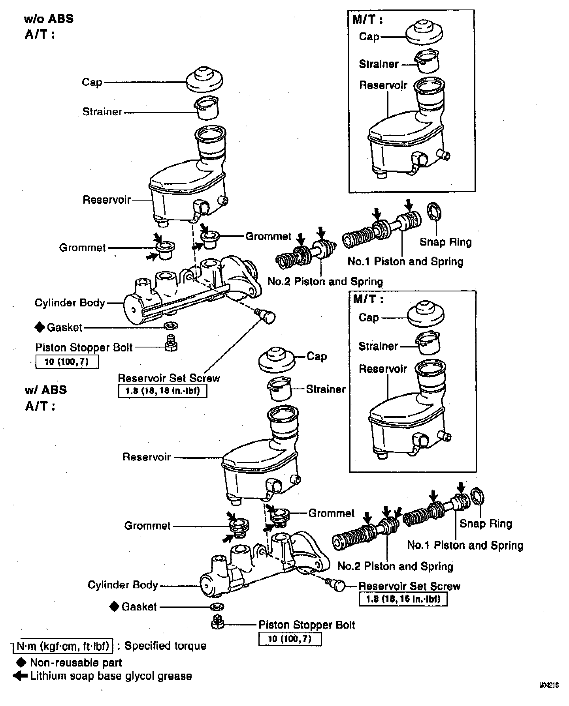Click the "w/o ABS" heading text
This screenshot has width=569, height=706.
(49, 19)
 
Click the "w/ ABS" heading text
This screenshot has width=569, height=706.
(46, 390)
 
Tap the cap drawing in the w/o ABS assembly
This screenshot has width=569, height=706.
(205, 79)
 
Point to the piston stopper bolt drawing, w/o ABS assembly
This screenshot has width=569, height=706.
(171, 343)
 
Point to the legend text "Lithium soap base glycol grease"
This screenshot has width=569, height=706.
(111, 676)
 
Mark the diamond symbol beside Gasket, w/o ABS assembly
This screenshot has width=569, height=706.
(40, 327)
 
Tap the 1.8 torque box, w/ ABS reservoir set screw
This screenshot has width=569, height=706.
(403, 599)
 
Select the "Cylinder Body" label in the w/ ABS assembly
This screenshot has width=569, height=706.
(122, 585)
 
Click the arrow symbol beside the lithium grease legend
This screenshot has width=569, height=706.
(20, 676)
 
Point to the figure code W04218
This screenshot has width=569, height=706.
(549, 697)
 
